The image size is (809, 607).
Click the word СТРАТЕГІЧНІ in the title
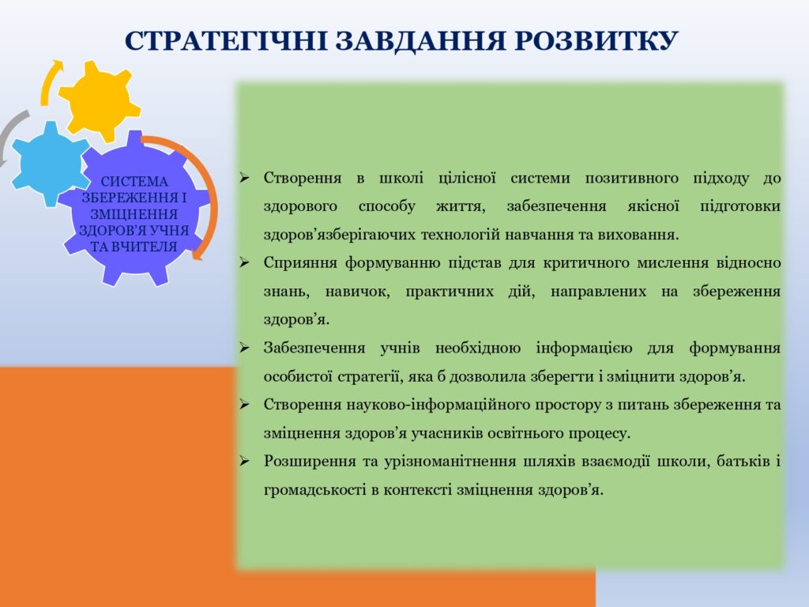(226, 40)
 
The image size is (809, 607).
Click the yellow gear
(99, 101)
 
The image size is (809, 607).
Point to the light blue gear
(50, 164)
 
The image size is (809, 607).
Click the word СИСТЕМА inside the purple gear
(134, 182)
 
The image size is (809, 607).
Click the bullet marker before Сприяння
(244, 262)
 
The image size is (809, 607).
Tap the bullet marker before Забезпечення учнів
(244, 348)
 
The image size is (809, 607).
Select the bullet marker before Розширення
(244, 461)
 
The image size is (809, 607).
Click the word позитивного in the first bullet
(631, 179)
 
